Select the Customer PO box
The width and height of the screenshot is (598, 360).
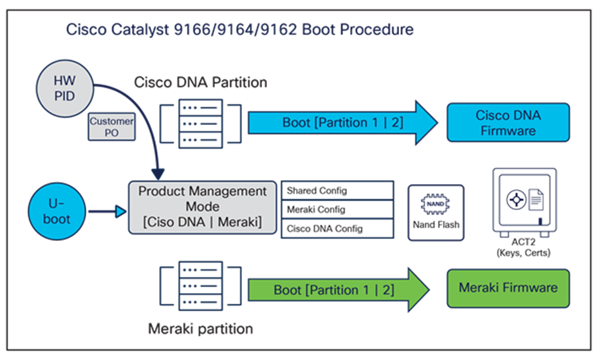pos(112,127)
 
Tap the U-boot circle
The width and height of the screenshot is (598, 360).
pos(56,210)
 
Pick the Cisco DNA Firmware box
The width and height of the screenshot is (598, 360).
pos(508,122)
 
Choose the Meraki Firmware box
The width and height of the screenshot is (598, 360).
pos(508,287)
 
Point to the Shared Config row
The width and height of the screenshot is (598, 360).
pos(337,191)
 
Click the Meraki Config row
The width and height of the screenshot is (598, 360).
pos(337,209)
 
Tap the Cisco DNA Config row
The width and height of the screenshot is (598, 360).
pos(337,228)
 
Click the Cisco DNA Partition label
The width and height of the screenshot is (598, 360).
pos(200,82)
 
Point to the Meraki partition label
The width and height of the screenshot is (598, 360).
pos(200,329)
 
